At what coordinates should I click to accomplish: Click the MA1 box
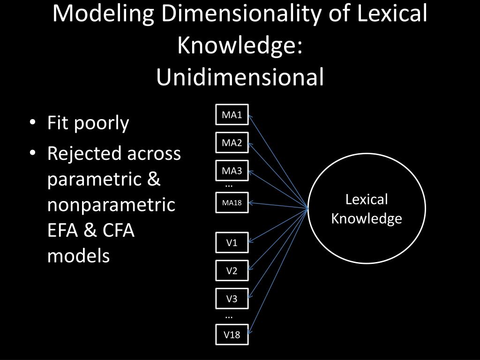[x=232, y=115]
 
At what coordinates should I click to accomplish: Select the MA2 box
[x=232, y=143]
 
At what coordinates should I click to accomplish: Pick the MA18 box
[x=232, y=203]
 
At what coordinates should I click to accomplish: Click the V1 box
[x=232, y=242]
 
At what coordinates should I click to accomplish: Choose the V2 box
[x=232, y=270]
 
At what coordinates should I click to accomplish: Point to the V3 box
[x=232, y=299]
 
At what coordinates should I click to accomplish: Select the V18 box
[x=232, y=334]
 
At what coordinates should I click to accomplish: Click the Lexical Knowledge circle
[x=367, y=209]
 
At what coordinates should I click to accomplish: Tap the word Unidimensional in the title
[x=240, y=77]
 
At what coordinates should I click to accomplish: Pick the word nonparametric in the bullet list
[x=112, y=205]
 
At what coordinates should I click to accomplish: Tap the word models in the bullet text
[x=78, y=256]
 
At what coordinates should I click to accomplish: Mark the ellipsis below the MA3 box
[x=229, y=186]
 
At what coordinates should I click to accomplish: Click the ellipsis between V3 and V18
[x=229, y=317]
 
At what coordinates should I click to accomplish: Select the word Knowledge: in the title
[x=240, y=45]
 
